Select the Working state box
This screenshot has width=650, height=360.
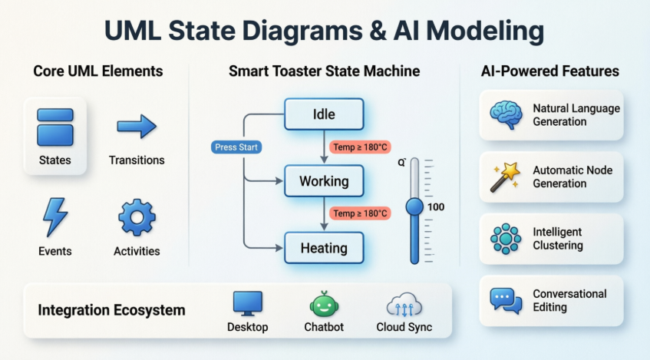(325, 182)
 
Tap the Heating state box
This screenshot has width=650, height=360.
(325, 248)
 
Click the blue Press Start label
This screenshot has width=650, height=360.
(237, 147)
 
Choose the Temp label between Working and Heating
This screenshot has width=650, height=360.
(359, 213)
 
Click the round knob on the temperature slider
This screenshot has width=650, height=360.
(414, 206)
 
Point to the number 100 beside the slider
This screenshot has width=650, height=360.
(436, 207)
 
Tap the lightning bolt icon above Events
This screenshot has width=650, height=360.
(54, 217)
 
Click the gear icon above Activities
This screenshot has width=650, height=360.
(137, 217)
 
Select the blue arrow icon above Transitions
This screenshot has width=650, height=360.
(137, 127)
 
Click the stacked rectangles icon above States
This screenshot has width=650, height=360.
(55, 127)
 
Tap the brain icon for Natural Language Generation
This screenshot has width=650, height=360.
(505, 115)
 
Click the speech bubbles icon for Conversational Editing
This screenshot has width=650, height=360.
(505, 299)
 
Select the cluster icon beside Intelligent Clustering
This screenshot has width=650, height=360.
(505, 239)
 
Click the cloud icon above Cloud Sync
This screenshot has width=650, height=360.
(404, 305)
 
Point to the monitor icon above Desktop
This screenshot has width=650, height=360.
(248, 305)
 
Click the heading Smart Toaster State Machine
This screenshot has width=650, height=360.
(324, 71)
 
